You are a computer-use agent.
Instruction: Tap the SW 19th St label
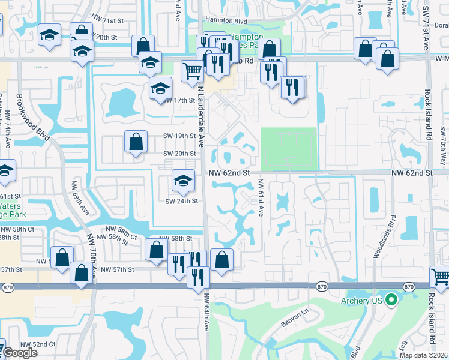(x=179, y=136)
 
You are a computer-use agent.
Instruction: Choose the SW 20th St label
(x=179, y=154)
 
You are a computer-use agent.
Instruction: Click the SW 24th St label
(x=181, y=201)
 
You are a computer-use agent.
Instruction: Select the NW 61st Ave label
(x=261, y=197)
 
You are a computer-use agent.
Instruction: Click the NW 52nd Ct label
(x=38, y=344)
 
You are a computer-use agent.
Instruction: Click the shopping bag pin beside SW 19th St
(x=136, y=142)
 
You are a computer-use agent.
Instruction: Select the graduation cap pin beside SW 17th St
(x=160, y=88)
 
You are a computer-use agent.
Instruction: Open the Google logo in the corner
(x=20, y=353)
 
